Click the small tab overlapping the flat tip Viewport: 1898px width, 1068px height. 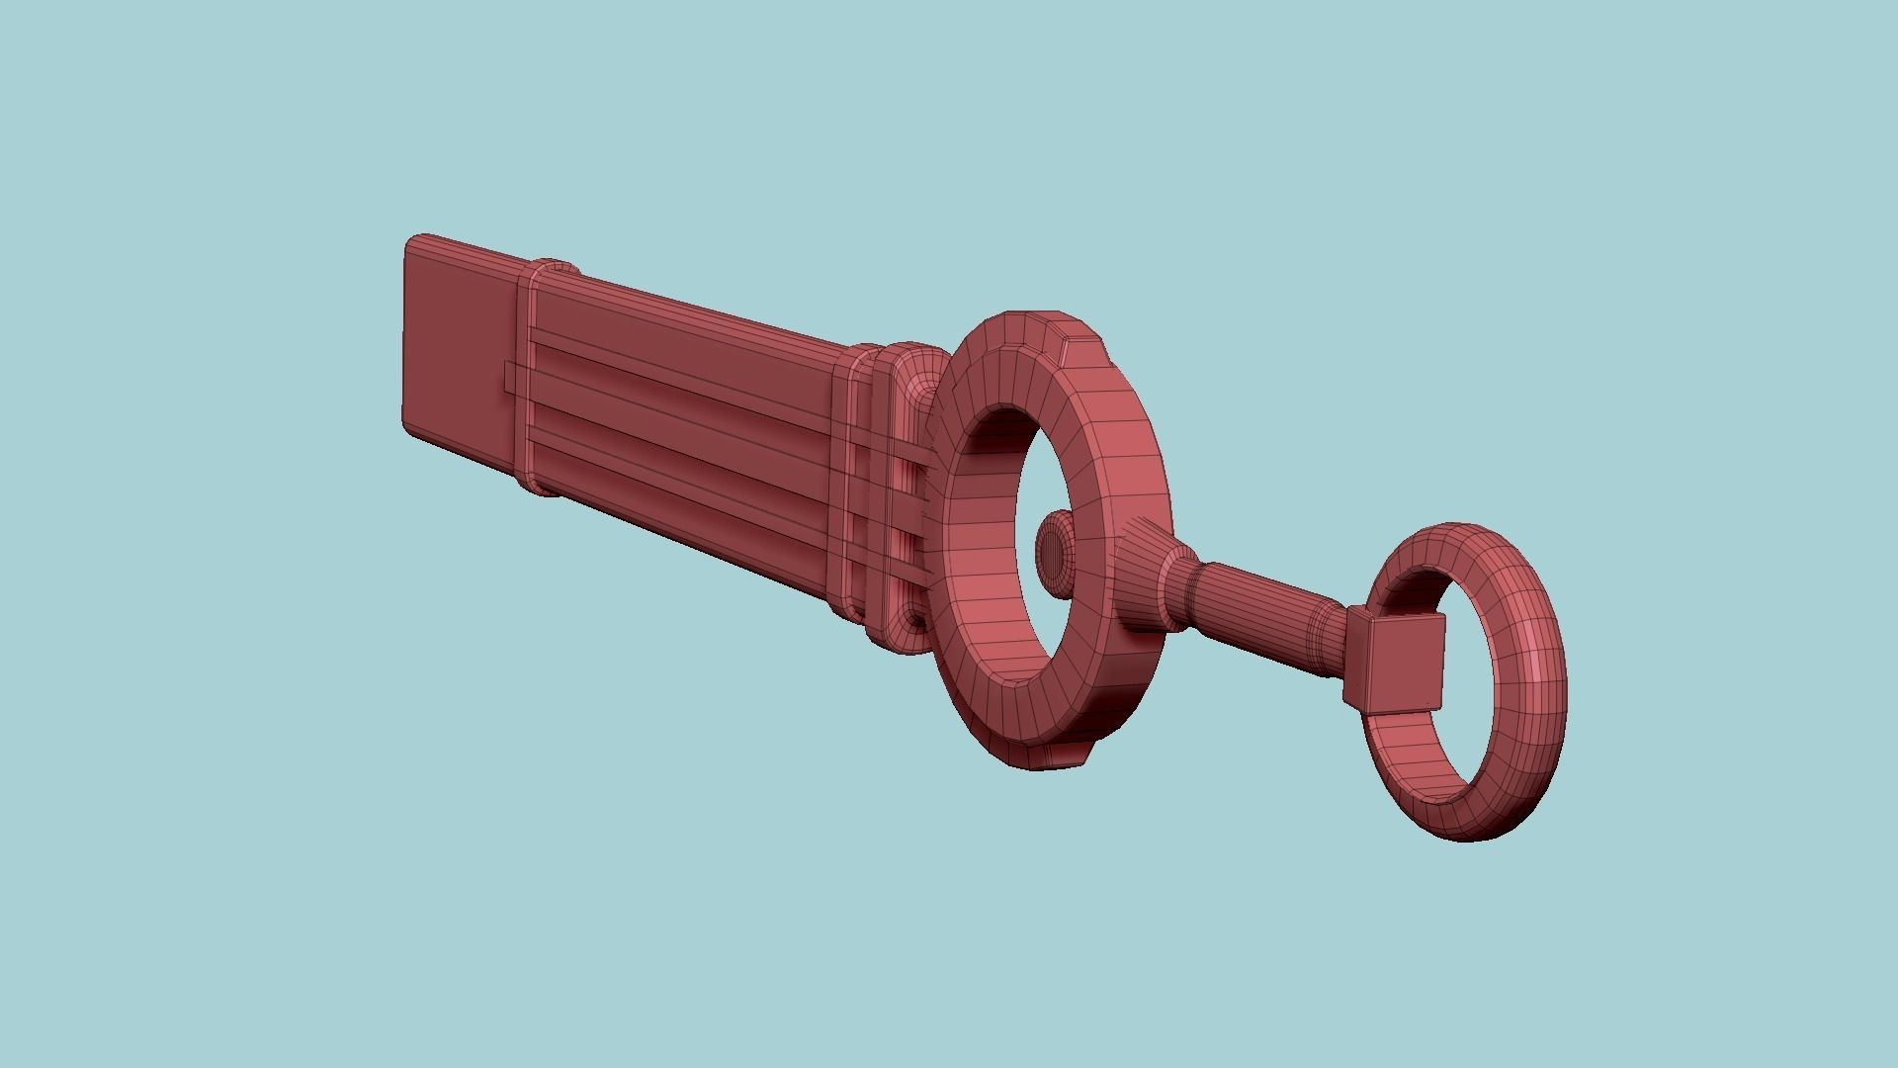(510, 377)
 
